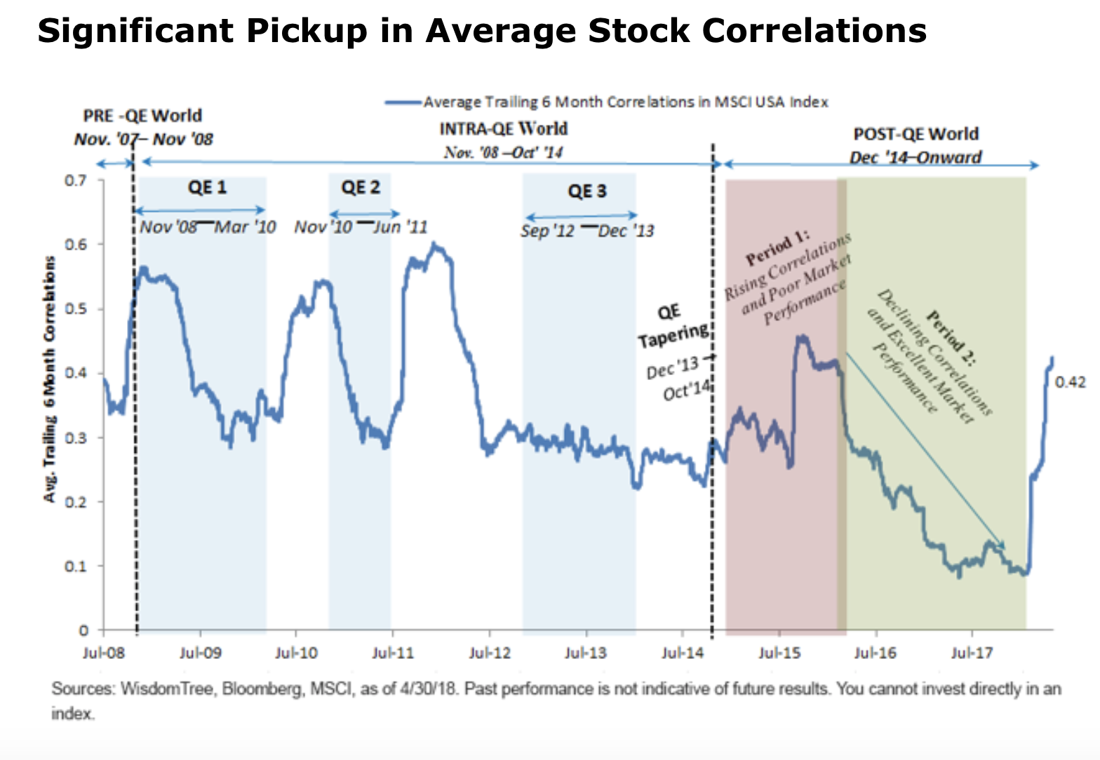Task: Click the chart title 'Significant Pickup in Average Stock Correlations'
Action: coord(481,31)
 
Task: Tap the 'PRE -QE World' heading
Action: coord(142,116)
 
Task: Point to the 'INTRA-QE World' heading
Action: coord(503,129)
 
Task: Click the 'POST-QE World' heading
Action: coord(915,134)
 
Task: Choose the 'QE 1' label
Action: coord(207,188)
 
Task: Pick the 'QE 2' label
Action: coord(361,188)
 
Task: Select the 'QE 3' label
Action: coord(586,191)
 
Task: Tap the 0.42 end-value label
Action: coord(1070,382)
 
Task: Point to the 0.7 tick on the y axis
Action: coord(76,181)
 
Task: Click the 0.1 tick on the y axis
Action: coord(76,566)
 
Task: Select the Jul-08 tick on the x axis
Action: coord(103,653)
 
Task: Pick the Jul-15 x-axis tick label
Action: coord(779,653)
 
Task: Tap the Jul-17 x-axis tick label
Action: coord(972,653)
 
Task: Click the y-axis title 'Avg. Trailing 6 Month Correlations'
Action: coord(49,379)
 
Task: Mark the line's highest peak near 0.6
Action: coord(435,245)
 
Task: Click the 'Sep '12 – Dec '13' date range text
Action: coord(586,231)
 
